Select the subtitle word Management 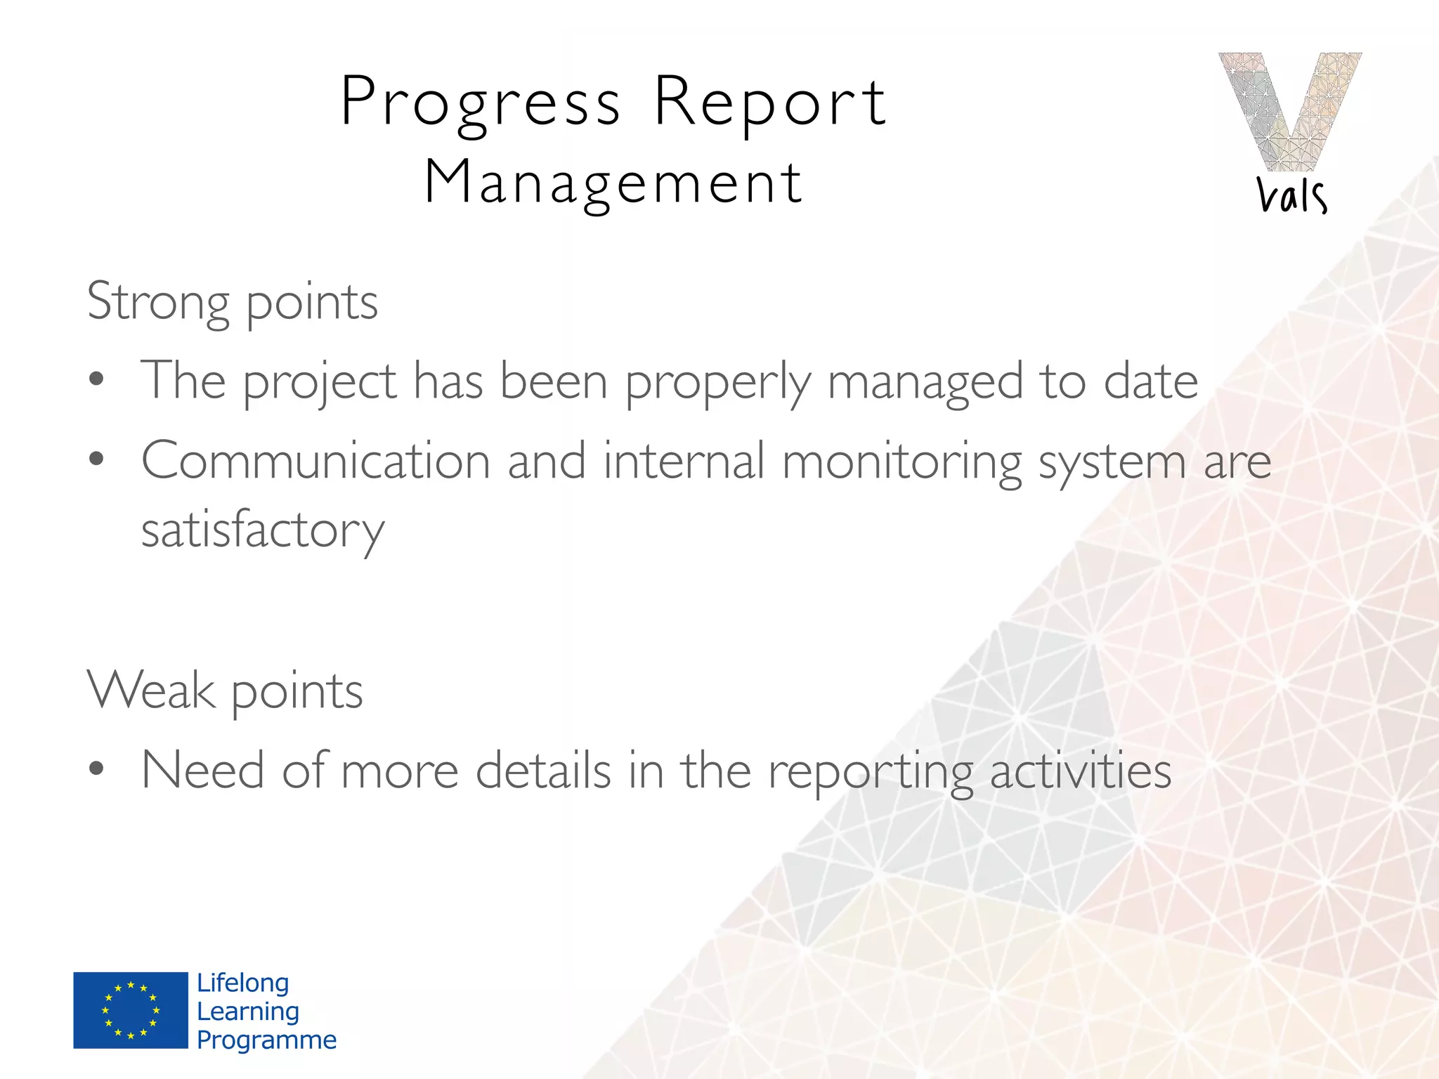(613, 183)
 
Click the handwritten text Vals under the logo (1291, 195)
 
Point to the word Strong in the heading (158, 302)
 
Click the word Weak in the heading (150, 691)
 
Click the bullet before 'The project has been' (97, 380)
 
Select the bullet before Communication (97, 460)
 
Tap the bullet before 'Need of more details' (97, 770)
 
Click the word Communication (315, 462)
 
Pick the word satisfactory (263, 531)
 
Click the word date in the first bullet (1150, 381)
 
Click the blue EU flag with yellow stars (131, 1010)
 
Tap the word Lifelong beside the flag (243, 983)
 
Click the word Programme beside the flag (266, 1040)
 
